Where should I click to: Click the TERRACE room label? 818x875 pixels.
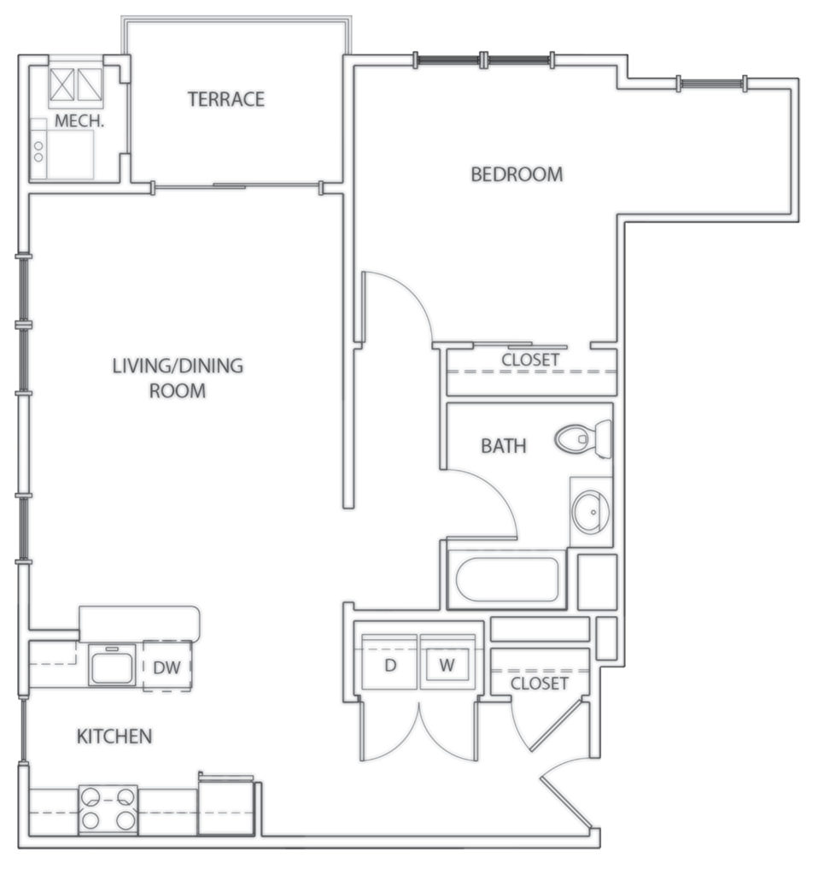(x=226, y=99)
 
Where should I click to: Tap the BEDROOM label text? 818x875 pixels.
(x=517, y=174)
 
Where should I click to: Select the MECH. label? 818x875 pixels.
(x=79, y=122)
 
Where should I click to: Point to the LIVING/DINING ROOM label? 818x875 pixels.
(x=178, y=379)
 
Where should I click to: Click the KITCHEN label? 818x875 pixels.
(x=114, y=736)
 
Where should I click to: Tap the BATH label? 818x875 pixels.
(x=503, y=445)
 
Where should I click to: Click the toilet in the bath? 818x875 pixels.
(x=584, y=439)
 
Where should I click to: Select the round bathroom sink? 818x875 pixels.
(x=590, y=512)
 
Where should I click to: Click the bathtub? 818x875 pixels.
(x=505, y=579)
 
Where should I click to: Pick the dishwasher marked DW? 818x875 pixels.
(x=167, y=667)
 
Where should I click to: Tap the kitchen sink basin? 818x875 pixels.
(x=112, y=665)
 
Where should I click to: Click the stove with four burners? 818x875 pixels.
(x=108, y=809)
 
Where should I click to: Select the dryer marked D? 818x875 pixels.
(x=390, y=665)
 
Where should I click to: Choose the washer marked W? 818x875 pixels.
(x=447, y=665)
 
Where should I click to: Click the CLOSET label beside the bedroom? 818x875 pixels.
(x=530, y=360)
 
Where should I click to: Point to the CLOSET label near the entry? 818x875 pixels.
(x=539, y=684)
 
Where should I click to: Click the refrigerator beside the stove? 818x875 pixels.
(x=226, y=806)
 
